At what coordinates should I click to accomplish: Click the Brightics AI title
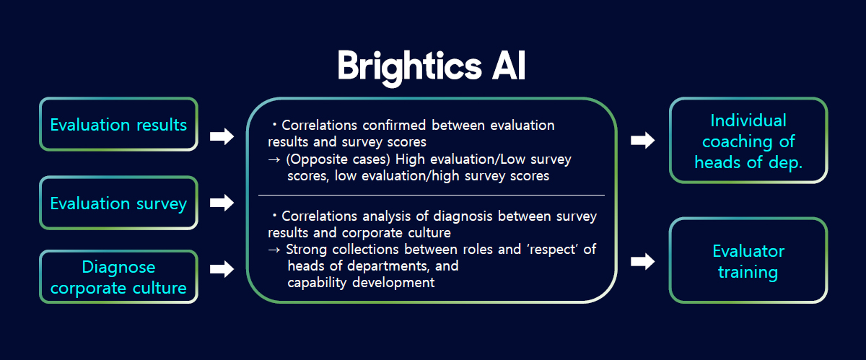431,66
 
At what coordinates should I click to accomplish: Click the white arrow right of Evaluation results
222,136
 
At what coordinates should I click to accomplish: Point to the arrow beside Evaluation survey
222,203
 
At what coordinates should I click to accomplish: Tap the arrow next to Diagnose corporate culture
222,269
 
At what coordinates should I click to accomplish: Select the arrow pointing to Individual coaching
642,140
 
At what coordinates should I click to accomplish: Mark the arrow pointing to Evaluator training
642,261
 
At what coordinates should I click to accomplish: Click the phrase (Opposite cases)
338,159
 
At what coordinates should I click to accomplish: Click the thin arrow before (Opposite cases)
274,159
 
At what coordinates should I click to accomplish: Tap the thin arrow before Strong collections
274,250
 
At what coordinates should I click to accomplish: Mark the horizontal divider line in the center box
432,196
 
